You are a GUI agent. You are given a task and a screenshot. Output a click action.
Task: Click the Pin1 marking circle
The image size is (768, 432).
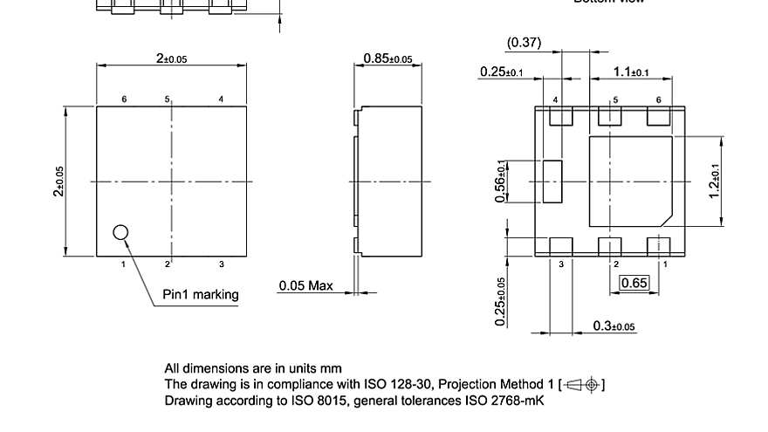(121, 232)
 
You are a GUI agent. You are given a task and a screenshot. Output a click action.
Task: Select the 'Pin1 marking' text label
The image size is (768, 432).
(201, 294)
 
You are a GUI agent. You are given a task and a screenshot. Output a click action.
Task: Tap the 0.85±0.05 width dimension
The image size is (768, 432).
(387, 58)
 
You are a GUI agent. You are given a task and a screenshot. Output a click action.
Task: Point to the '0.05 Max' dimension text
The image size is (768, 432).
(305, 285)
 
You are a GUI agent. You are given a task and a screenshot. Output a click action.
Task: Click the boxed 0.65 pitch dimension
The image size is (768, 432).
(634, 282)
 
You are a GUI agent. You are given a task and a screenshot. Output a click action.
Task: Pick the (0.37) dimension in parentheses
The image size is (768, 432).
(524, 43)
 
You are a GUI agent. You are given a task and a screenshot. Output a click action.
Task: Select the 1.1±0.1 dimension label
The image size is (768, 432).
(631, 72)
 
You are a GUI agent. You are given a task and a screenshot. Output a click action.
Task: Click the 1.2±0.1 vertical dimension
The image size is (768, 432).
(715, 182)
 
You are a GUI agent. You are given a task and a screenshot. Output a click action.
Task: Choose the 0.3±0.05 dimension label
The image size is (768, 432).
(614, 326)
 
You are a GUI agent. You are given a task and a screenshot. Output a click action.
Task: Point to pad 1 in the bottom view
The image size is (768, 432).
(658, 246)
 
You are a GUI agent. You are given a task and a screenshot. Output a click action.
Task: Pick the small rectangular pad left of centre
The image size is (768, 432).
(552, 182)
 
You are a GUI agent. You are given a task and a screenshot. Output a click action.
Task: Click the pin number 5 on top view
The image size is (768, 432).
(168, 99)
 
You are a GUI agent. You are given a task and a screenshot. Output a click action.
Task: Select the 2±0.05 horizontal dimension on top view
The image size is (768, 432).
(172, 58)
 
